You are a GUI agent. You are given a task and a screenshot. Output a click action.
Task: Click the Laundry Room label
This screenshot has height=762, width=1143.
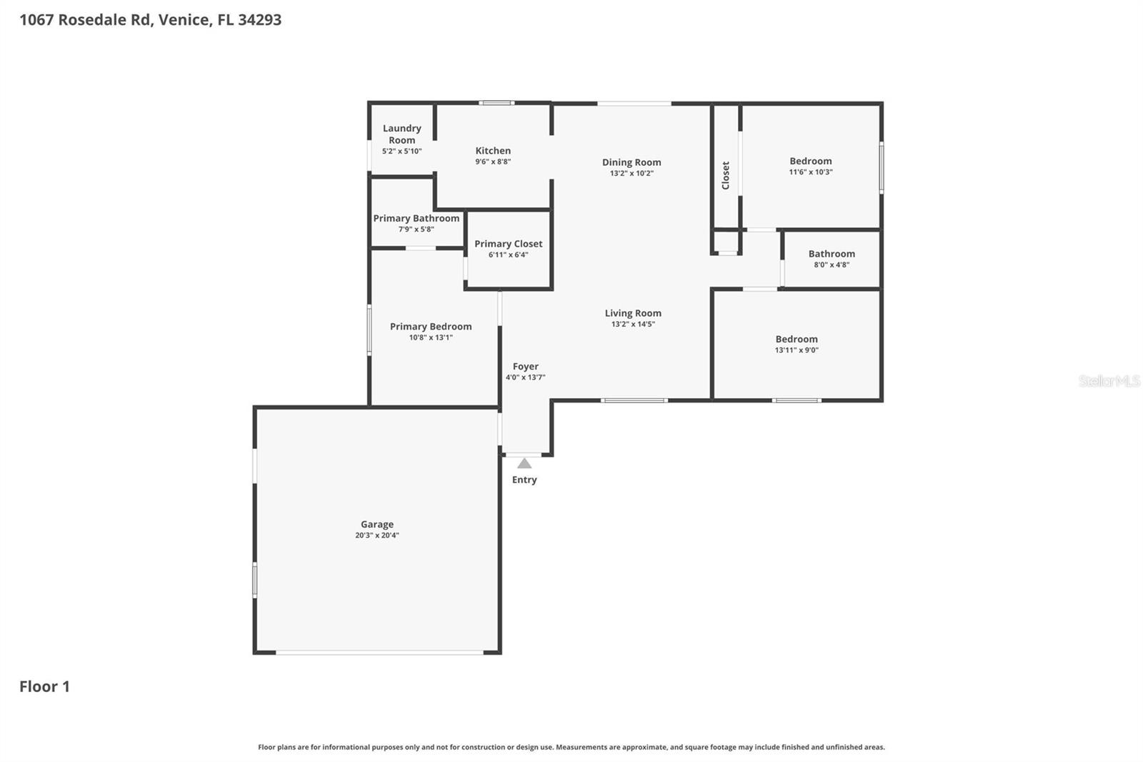[x=401, y=134]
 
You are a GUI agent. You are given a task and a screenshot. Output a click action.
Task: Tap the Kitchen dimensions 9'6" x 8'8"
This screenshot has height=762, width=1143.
[x=493, y=162]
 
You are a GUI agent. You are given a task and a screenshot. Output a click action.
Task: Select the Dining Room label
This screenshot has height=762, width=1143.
[x=632, y=162]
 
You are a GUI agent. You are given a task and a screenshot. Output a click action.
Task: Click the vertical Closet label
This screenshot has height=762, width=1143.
[x=726, y=175]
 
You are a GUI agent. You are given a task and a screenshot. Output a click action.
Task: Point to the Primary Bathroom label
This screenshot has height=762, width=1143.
[x=416, y=219]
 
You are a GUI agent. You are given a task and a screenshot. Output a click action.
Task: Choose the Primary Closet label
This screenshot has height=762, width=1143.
[x=508, y=244]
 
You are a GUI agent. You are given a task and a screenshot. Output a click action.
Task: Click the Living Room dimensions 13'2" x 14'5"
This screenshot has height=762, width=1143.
[x=633, y=324]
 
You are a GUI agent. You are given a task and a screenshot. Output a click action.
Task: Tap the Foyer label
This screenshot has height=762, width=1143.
[x=525, y=367]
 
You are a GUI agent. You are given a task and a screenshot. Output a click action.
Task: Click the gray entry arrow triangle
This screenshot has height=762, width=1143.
[x=524, y=463]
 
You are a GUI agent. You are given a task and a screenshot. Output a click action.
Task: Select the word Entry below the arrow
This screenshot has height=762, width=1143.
[x=524, y=480]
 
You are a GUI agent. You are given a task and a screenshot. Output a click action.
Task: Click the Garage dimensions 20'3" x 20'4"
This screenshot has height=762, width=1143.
[x=377, y=535]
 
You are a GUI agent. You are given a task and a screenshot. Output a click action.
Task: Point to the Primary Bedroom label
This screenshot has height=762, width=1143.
[x=430, y=327]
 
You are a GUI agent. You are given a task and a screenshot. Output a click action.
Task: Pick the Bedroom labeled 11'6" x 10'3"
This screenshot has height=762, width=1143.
[x=810, y=162]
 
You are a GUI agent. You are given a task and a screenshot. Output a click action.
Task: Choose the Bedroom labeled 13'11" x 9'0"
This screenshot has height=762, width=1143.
[x=797, y=340]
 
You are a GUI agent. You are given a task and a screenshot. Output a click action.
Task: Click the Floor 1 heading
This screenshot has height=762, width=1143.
[x=44, y=686]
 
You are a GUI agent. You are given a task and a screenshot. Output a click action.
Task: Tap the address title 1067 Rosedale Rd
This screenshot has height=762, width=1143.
[x=150, y=19]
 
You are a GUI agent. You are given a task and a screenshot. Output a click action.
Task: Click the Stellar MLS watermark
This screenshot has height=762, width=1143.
[x=1109, y=381]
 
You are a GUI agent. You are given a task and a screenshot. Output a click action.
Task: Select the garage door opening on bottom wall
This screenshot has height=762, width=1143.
[x=379, y=652]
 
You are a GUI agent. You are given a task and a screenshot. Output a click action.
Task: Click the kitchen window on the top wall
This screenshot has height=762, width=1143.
[x=496, y=103]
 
